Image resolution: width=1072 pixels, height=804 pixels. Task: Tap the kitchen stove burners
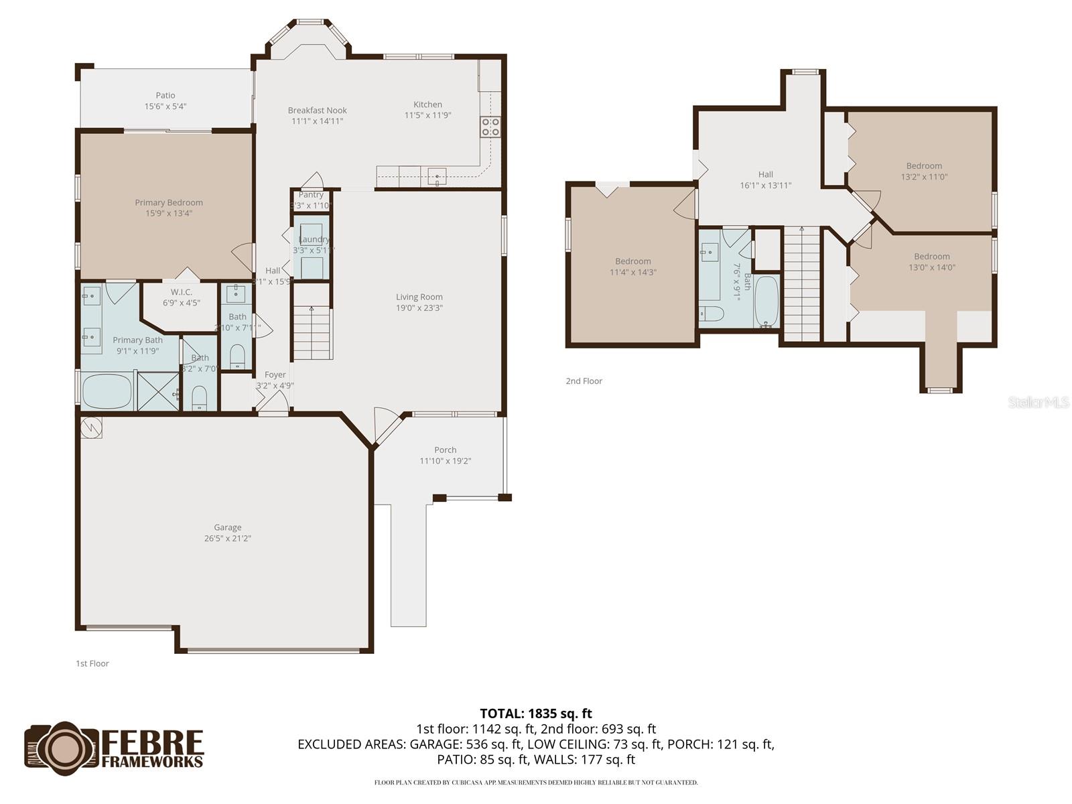coord(490,127)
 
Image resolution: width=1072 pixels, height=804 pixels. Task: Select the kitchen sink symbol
coord(437,178)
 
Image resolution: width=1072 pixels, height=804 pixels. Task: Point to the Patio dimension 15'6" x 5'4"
coord(165,107)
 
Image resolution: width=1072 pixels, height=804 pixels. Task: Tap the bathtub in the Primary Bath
coord(107,391)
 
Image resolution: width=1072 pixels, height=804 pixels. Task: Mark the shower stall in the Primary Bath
coord(159,391)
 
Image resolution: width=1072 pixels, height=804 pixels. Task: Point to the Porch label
coord(446,450)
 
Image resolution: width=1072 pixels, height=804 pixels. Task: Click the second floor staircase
coord(802,285)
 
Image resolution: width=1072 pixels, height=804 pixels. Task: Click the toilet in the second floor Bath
coord(711,314)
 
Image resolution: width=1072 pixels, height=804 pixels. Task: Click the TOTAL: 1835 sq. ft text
coord(536,714)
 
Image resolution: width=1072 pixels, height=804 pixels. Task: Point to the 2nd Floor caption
coord(584,381)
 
